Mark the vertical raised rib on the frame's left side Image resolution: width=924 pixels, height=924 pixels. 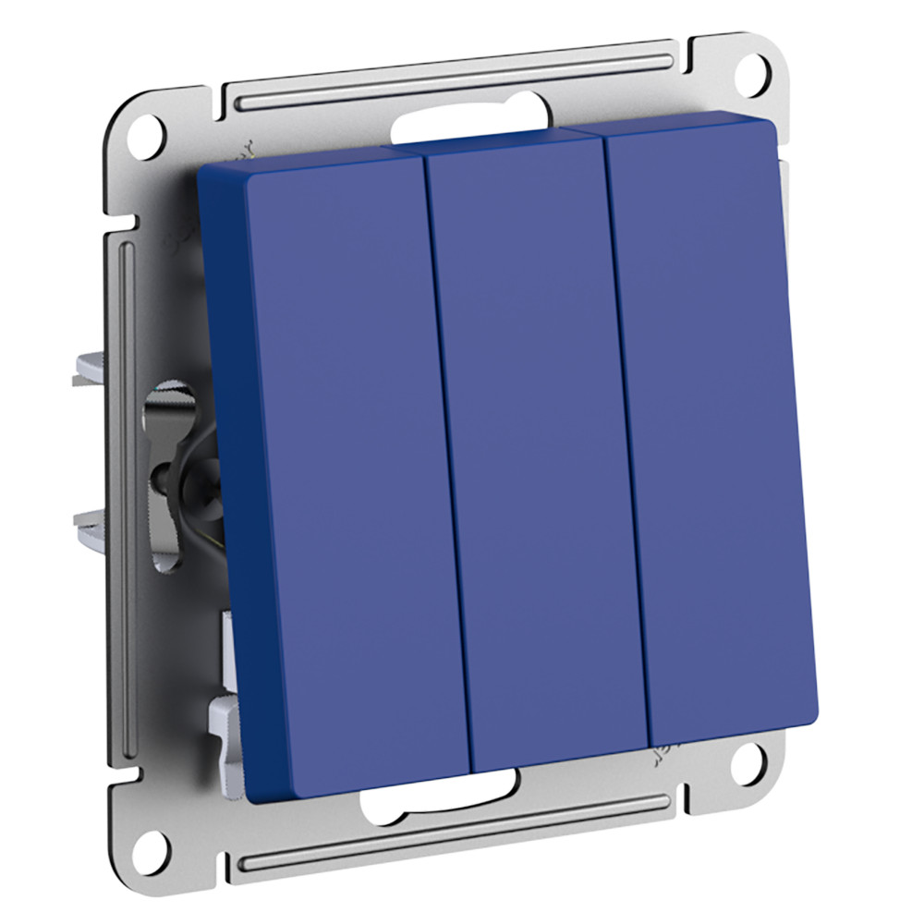[x=128, y=462]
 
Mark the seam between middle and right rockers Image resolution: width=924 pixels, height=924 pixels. [x=627, y=434]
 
